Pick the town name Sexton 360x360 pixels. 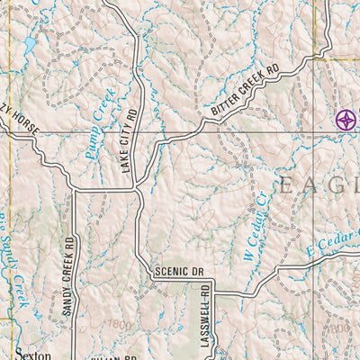pos(32,354)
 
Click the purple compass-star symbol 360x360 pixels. pos(345,119)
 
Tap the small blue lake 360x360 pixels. pos(29,43)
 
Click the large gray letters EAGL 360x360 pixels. pos(318,186)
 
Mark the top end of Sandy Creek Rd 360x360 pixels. pos(76,190)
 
